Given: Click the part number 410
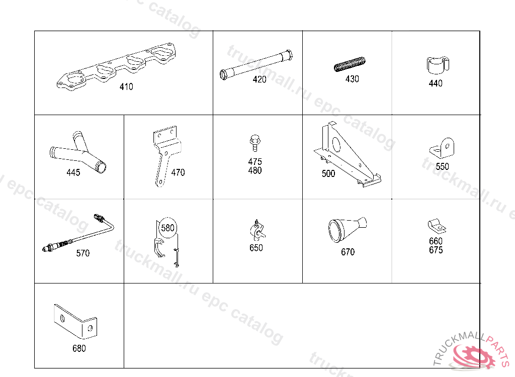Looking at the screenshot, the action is [126, 86].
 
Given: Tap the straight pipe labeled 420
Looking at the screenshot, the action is [256, 65].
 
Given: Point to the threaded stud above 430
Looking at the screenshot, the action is [350, 64].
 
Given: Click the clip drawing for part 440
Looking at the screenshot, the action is [438, 65].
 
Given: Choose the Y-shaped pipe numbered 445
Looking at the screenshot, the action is [78, 152].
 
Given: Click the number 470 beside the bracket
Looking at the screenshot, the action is [178, 172].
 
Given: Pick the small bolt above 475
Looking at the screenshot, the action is [255, 143].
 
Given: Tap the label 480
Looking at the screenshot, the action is [255, 170].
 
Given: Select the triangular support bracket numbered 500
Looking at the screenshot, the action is [348, 154].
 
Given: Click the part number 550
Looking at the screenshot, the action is [442, 166].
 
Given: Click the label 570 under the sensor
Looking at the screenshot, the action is [83, 253].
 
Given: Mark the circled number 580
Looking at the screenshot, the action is [167, 228].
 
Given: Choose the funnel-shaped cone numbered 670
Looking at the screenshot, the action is [347, 230].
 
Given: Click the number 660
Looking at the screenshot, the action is [436, 241].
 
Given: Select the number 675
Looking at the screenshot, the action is [436, 250].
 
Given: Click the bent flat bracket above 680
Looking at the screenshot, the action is [75, 322].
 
